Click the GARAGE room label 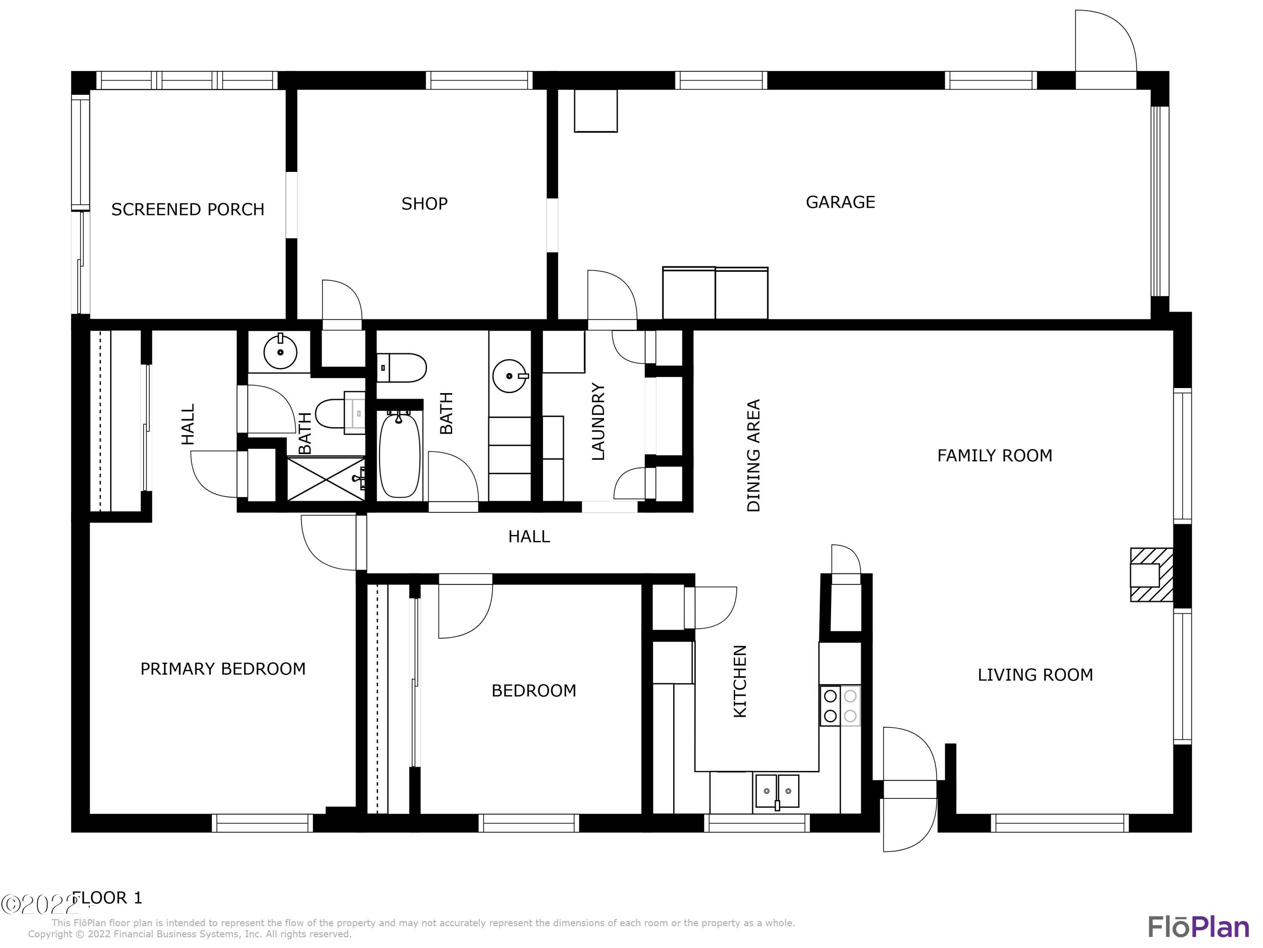[840, 202]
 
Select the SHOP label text [424, 204]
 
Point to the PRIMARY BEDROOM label [223, 669]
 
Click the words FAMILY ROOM [994, 455]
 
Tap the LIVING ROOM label [1035, 675]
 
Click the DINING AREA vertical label [754, 455]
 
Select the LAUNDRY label [598, 422]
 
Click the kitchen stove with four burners [840, 706]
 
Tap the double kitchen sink [776, 791]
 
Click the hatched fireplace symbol [1151, 575]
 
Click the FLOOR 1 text [107, 898]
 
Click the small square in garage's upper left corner [596, 111]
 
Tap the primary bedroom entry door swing [330, 542]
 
